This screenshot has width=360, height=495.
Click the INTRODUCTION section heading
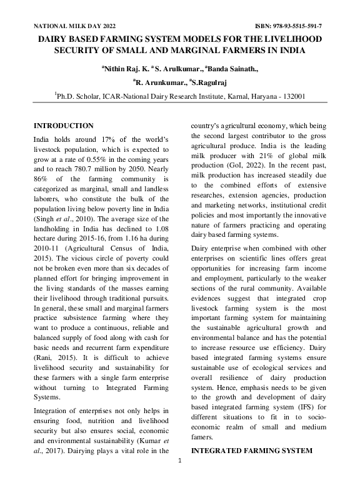[63, 126]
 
